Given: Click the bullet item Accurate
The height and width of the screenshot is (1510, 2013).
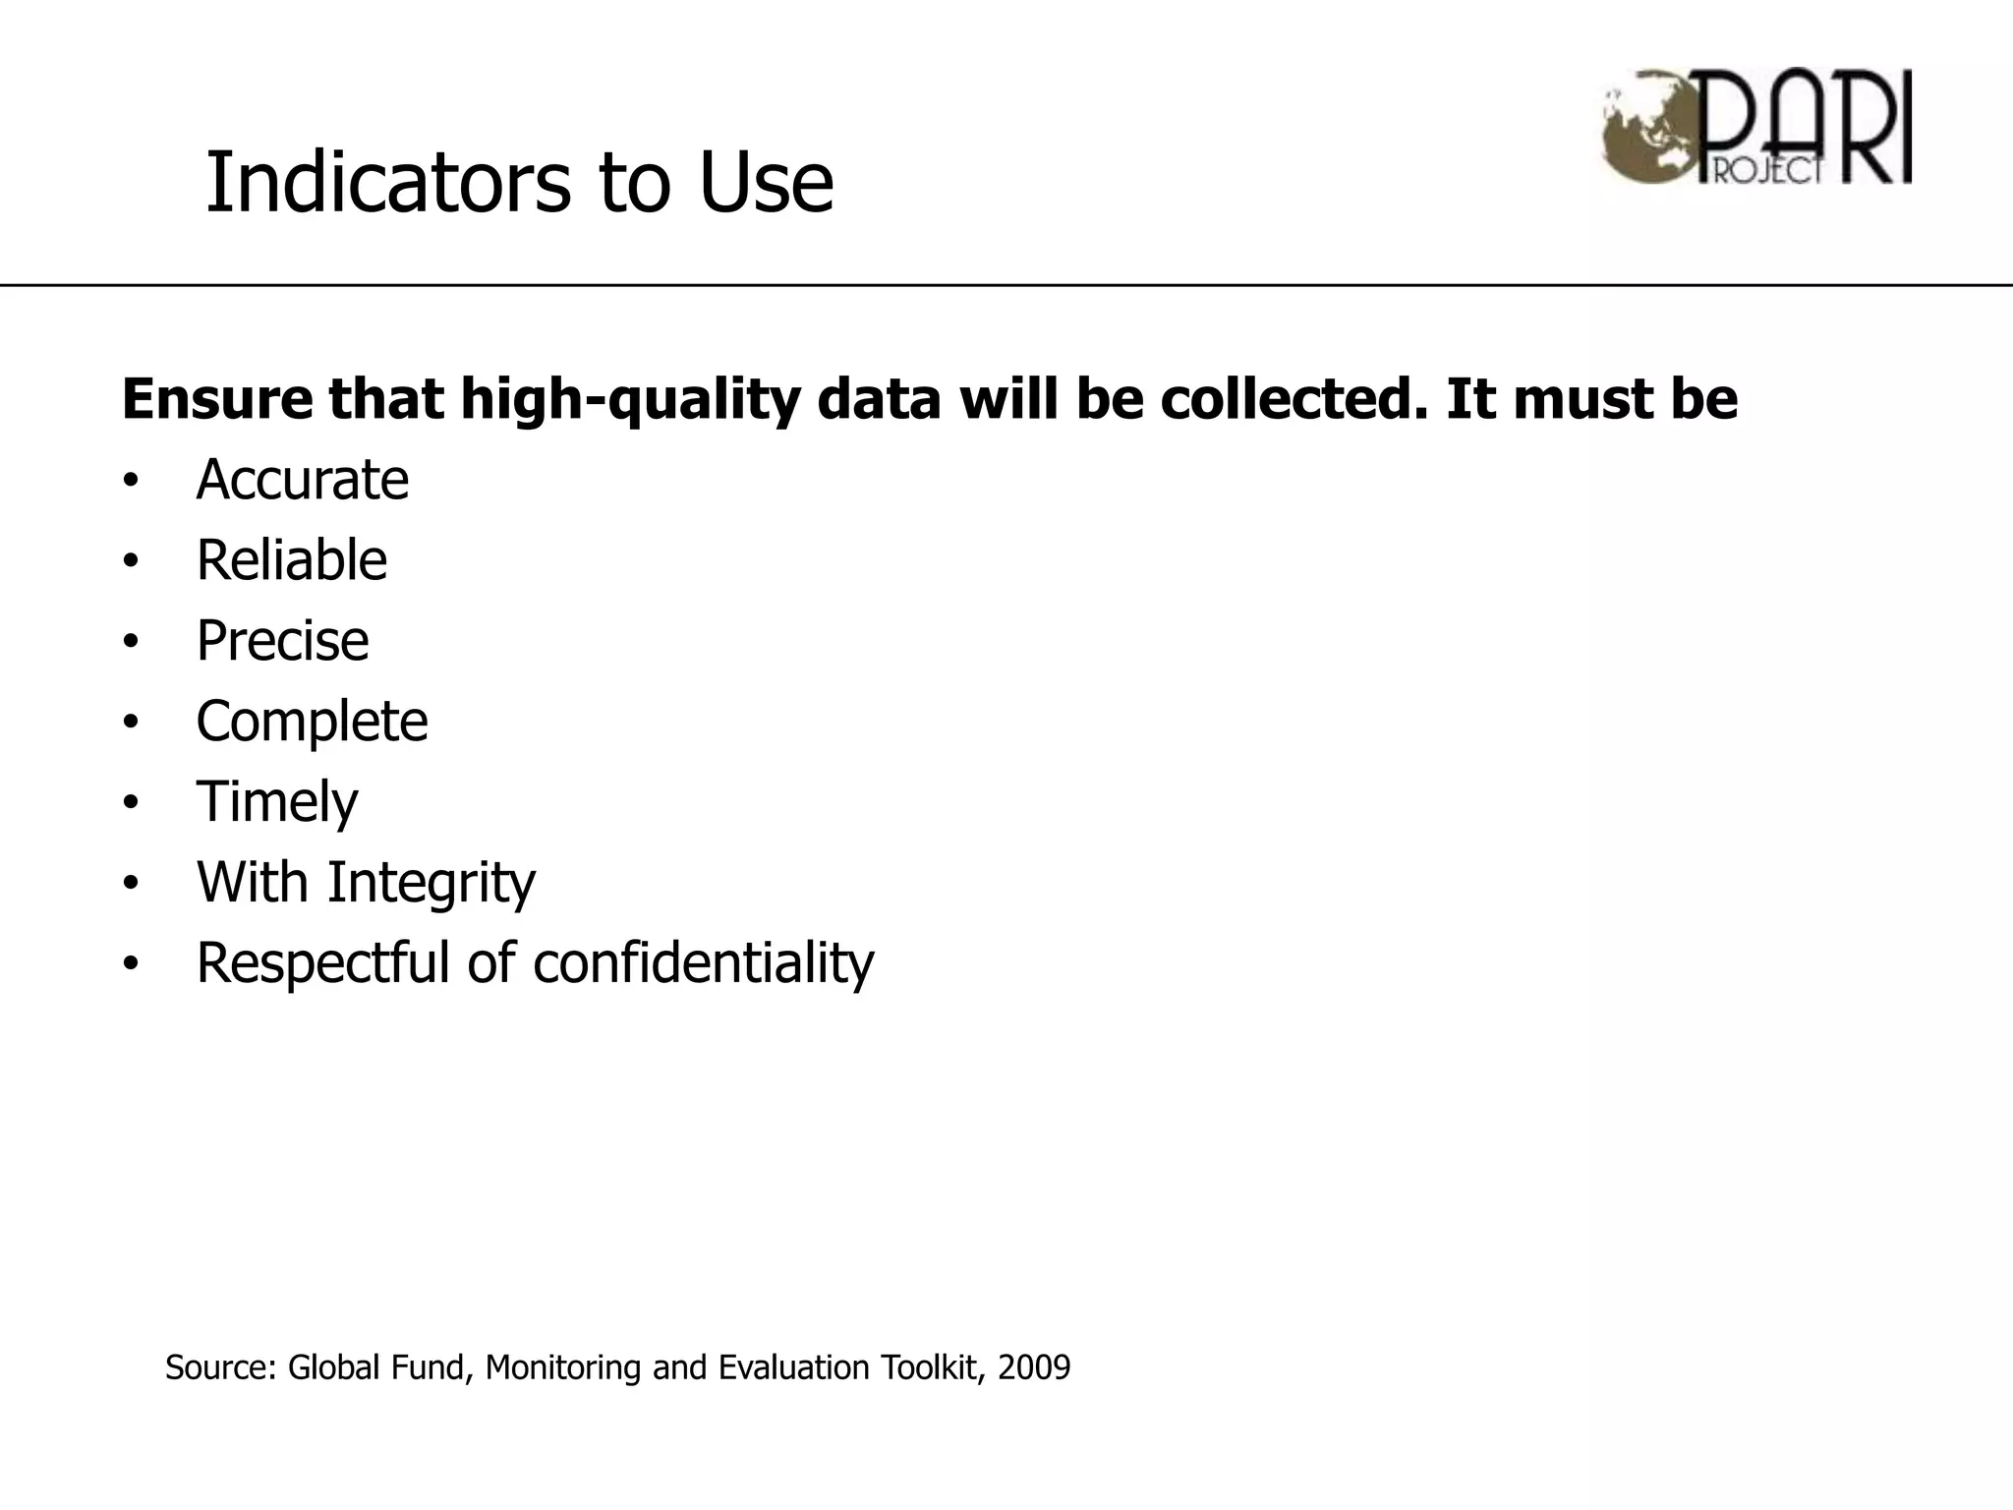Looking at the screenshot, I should click(302, 480).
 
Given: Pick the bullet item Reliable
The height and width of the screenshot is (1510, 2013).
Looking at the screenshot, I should click(291, 560).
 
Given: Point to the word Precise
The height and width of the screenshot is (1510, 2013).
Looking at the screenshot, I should click(282, 641).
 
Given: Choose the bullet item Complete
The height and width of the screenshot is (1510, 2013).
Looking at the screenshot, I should click(312, 722).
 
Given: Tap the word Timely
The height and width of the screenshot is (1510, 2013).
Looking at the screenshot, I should click(277, 802).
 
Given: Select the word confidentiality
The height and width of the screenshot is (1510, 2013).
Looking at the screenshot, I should click(703, 962).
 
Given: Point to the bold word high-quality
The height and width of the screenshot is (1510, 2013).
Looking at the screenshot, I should click(630, 400).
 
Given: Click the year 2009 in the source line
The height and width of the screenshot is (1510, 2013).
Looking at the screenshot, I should click(1033, 1367).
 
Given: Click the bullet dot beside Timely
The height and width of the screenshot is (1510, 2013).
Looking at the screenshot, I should click(132, 804).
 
